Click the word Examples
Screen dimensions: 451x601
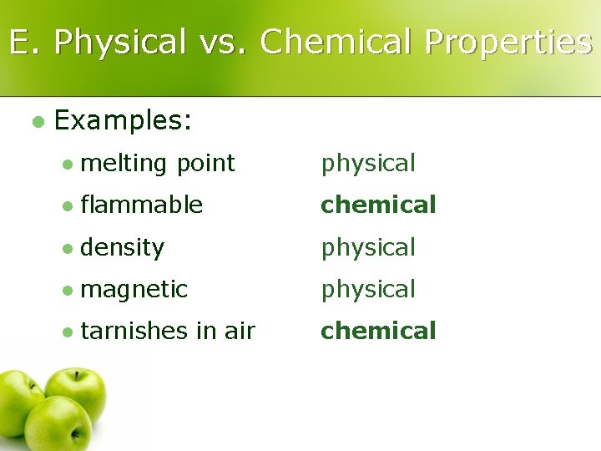(123, 121)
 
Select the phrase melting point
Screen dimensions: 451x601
(158, 164)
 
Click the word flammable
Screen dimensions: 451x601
(141, 205)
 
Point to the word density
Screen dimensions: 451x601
(123, 247)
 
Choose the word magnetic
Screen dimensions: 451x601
(134, 289)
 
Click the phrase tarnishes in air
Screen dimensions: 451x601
(168, 331)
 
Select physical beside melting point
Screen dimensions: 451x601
(368, 164)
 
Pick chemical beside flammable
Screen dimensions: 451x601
(378, 205)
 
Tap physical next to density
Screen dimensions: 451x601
(368, 247)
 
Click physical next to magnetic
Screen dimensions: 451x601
(368, 289)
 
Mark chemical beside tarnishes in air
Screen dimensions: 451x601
(378, 331)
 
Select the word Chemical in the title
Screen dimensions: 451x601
(336, 43)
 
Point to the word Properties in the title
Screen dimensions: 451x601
(508, 43)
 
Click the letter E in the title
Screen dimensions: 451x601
(19, 43)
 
